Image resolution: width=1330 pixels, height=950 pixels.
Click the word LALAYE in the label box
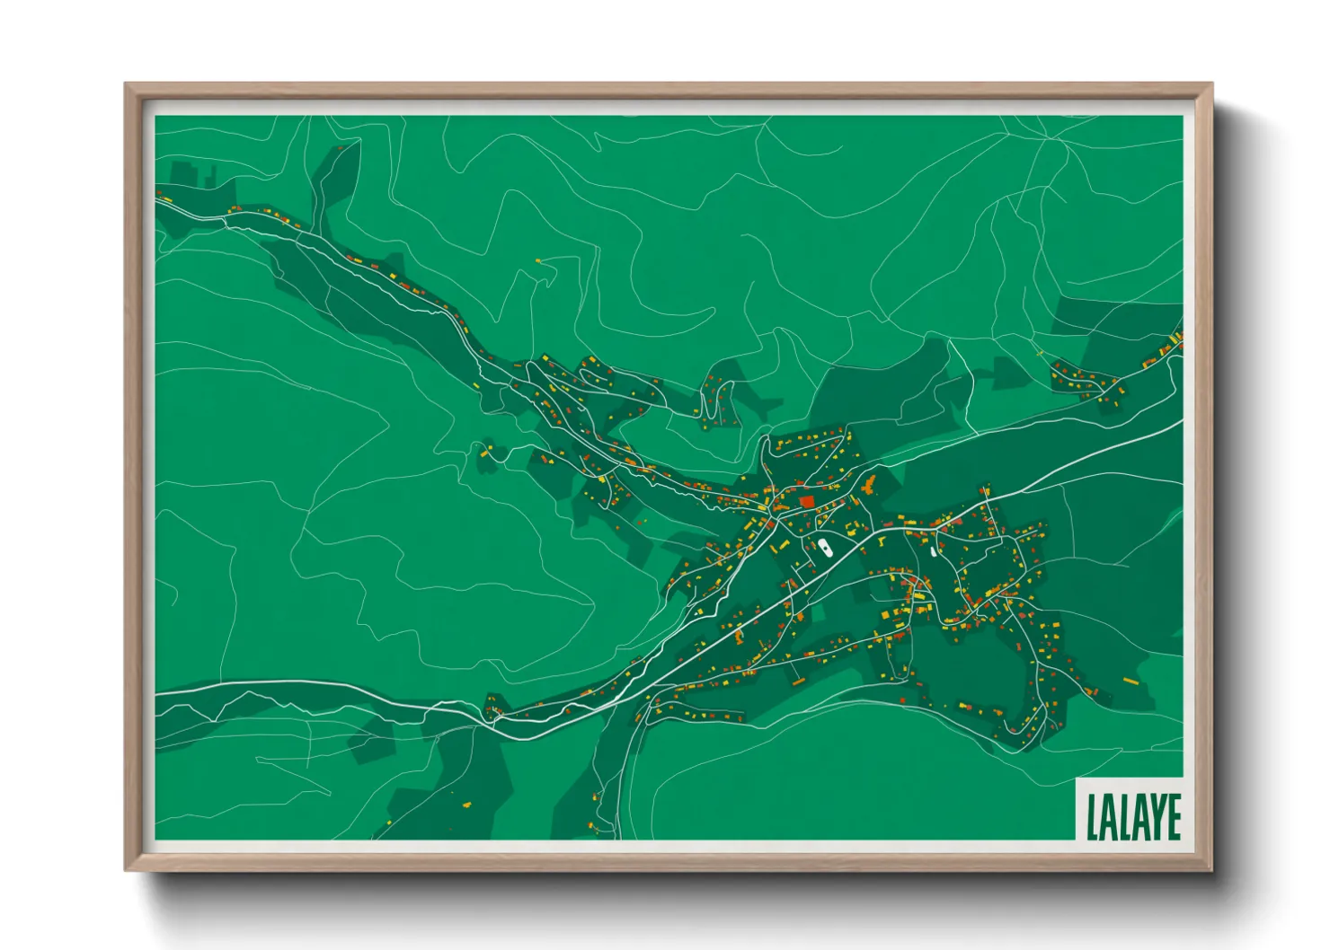[x=1133, y=816]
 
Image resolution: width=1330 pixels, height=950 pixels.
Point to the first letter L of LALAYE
[x=1092, y=816]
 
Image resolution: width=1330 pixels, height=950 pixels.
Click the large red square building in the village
[x=807, y=502]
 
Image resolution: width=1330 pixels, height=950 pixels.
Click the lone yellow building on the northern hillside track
[x=538, y=260]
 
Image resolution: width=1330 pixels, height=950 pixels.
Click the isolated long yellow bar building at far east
[x=1129, y=682]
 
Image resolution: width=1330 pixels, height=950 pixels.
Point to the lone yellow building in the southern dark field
[x=466, y=804]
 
